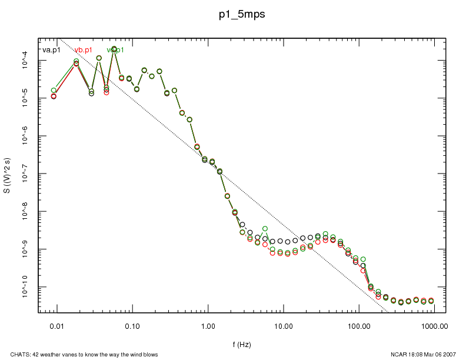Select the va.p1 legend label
pos(51,50)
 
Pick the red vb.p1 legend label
pos(83,50)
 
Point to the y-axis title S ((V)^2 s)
pos(7,176)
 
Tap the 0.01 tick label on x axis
pos(56,325)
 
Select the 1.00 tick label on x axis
pos(208,325)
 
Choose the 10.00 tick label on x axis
pos(283,325)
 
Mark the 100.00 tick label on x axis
pos(358,325)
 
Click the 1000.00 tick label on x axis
pos(434,325)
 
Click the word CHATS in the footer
pos(12,355)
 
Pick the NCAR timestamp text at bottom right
pos(423,355)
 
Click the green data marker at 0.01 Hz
pos(54,91)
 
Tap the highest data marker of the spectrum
pos(114,49)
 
